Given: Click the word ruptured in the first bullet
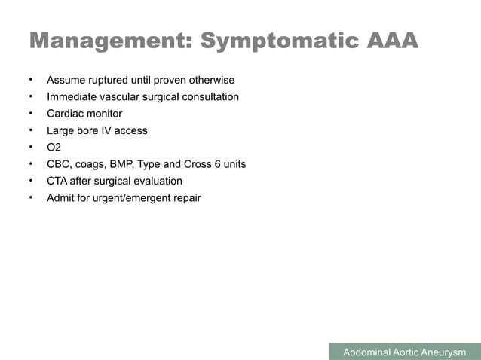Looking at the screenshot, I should [113, 80].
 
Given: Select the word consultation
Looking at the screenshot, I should [208, 97].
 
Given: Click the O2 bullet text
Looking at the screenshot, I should [54, 147].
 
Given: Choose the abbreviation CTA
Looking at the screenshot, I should [57, 181].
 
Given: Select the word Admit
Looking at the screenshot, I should [61, 198].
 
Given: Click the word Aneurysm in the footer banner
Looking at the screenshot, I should [443, 352].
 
